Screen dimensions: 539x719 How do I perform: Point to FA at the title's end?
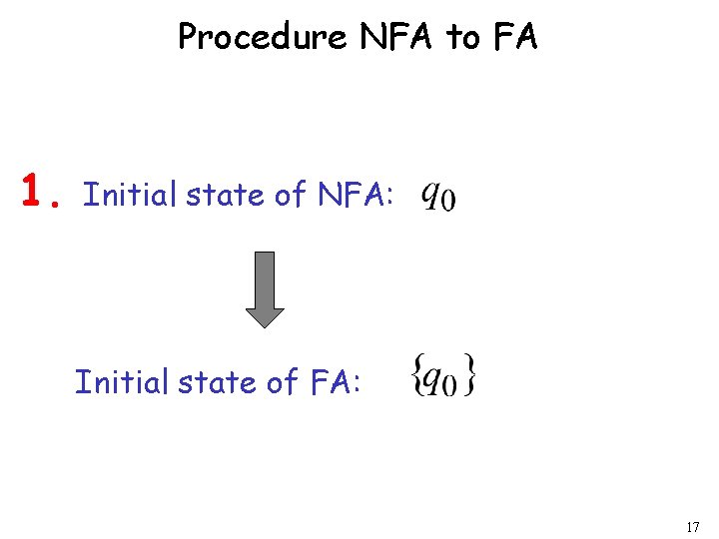click(515, 37)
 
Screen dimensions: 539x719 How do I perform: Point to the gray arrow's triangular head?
click(265, 315)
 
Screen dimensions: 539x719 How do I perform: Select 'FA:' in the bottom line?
click(334, 381)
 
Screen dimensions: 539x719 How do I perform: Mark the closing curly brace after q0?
click(470, 377)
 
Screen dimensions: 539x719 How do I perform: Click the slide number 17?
click(693, 527)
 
